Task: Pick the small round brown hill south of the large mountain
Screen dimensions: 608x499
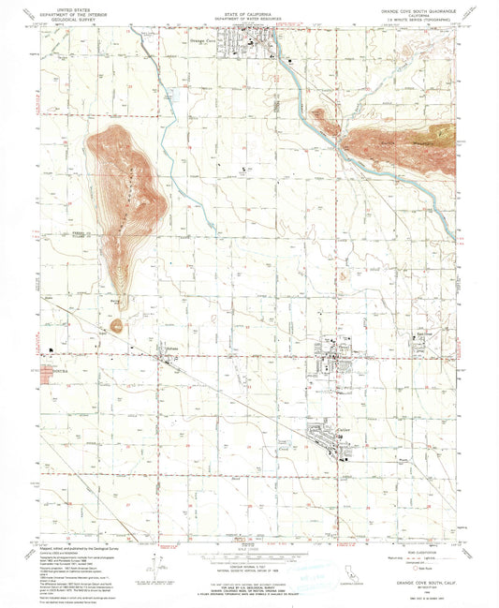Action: [x=117, y=326]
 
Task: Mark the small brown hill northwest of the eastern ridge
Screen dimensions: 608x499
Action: [x=321, y=118]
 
